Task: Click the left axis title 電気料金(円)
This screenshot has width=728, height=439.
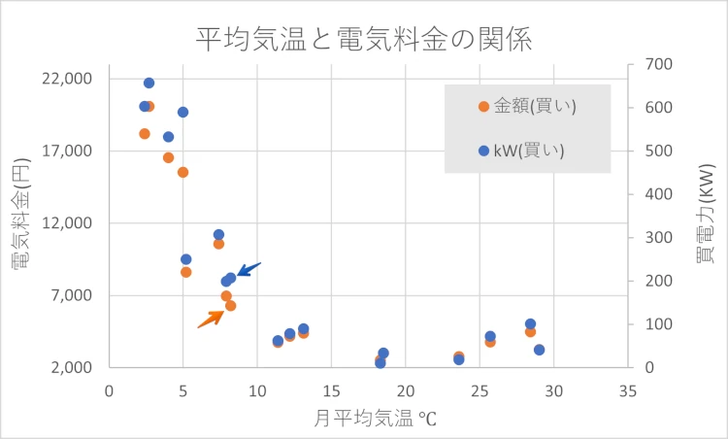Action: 21,222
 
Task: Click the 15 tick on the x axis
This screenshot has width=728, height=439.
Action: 331,390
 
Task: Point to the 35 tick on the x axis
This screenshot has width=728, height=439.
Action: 628,390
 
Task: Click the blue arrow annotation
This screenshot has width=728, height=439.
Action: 248,269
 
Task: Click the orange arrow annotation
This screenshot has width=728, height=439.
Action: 211,319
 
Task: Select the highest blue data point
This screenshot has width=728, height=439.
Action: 149,83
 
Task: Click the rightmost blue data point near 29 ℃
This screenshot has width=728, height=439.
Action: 539,350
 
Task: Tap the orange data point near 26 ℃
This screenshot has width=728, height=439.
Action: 490,342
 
